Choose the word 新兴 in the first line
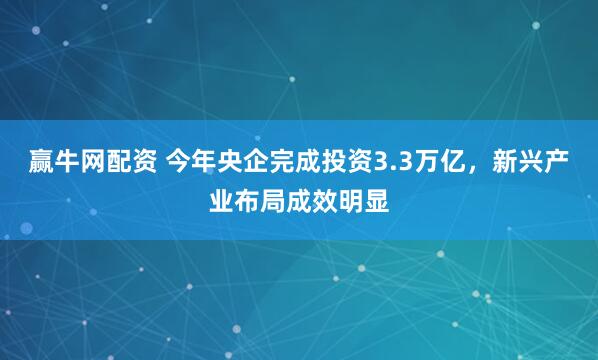tap(518, 160)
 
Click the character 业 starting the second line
tap(220, 197)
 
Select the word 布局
tap(260, 197)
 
